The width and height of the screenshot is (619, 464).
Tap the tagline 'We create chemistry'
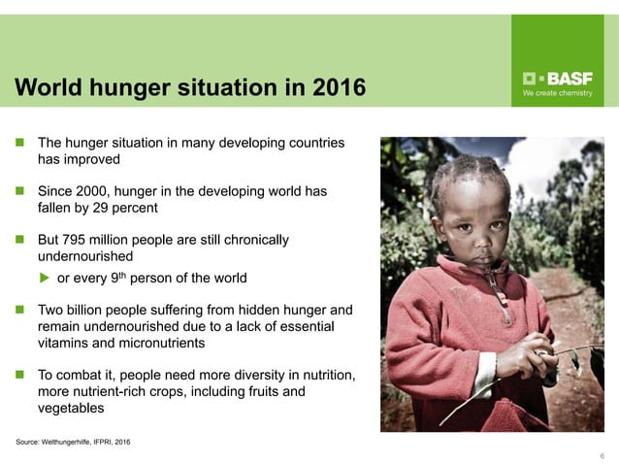click(x=557, y=94)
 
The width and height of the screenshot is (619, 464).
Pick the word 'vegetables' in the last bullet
click(x=72, y=408)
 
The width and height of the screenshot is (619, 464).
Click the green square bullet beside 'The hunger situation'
click(x=19, y=143)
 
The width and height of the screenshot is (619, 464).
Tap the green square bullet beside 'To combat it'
click(x=19, y=375)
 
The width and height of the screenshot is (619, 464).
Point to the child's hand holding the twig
click(x=537, y=359)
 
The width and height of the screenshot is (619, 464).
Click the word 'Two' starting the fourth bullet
click(x=50, y=310)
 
